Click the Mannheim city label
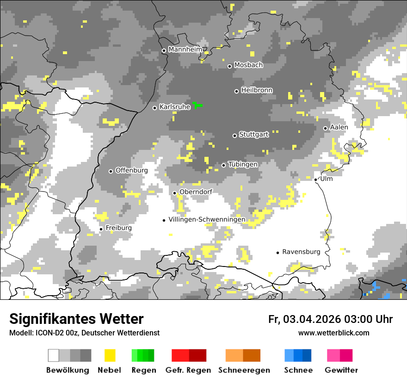[185, 50]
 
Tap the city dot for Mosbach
[229, 66]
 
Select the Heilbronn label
[257, 90]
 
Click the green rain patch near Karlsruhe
[197, 105]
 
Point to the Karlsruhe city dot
[155, 108]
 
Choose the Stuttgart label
[253, 135]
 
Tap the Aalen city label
[339, 127]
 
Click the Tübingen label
[243, 164]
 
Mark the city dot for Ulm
[315, 180]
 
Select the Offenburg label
[131, 170]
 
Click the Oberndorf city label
[196, 192]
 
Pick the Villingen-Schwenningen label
[207, 219]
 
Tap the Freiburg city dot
[101, 229]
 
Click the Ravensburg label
[301, 252]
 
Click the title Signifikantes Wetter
[76, 319]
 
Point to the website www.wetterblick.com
[333, 333]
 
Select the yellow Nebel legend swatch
[110, 355]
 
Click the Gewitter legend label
[341, 370]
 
